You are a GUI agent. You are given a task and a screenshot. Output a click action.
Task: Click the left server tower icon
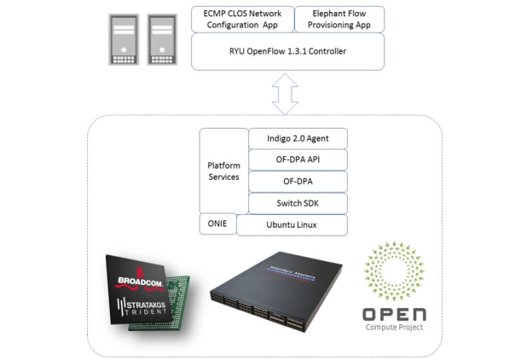(121, 40)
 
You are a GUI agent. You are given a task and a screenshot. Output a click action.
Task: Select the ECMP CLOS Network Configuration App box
(240, 20)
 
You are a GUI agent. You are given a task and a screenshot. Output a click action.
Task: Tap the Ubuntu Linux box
(292, 225)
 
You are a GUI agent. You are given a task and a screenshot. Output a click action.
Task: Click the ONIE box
(217, 224)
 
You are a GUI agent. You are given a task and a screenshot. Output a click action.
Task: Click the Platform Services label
(223, 171)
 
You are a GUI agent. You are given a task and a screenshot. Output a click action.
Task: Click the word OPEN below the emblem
(393, 312)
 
